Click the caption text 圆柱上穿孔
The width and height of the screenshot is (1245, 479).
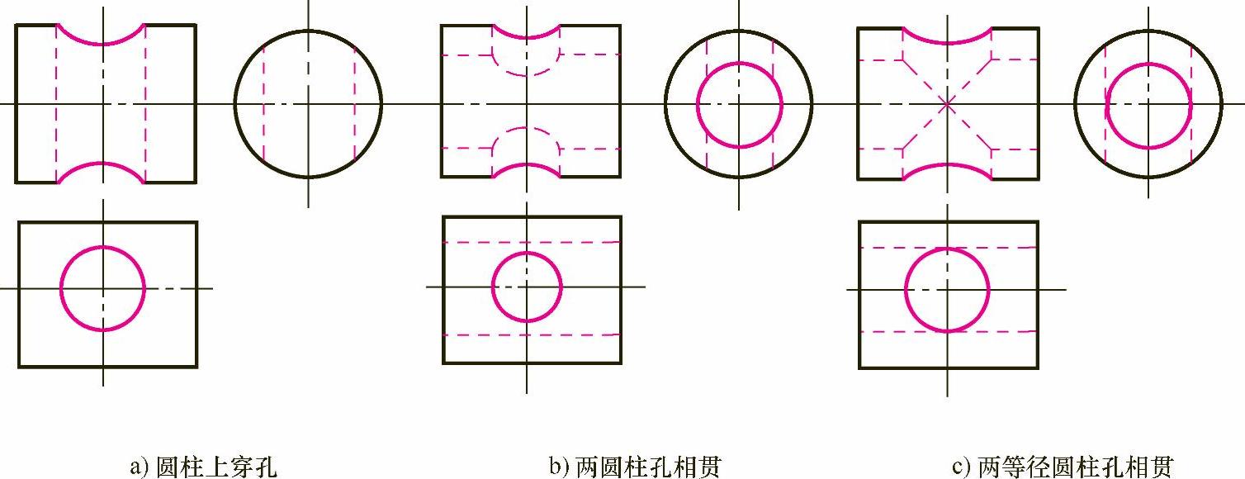click(x=216, y=467)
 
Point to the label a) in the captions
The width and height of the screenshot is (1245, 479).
click(x=138, y=467)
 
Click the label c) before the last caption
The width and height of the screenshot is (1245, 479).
click(x=960, y=467)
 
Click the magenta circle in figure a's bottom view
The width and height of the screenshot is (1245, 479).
click(x=61, y=288)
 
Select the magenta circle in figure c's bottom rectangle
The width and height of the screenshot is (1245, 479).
click(x=906, y=289)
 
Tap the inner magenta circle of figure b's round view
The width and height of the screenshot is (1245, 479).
click(x=698, y=104)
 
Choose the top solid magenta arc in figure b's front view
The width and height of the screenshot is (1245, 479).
click(x=527, y=37)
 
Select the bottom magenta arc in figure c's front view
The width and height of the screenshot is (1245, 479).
click(x=947, y=164)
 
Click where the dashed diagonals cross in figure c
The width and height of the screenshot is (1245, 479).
click(x=947, y=103)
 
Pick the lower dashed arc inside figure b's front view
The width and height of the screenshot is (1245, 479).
click(x=527, y=128)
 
